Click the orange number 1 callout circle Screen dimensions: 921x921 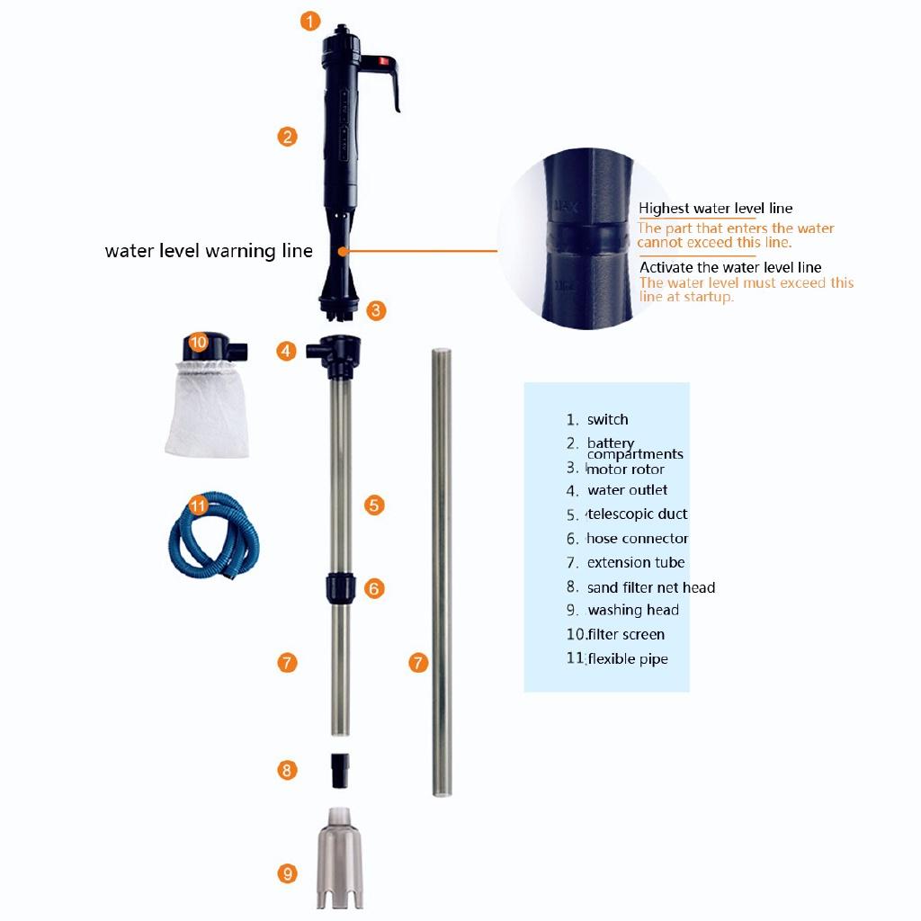310,20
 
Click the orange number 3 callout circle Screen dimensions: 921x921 376,310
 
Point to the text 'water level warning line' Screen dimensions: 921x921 209,251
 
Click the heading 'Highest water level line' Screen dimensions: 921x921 715,209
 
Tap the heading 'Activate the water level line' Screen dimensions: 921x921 730,267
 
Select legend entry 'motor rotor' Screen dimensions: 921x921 626,469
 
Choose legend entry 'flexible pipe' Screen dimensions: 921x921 628,659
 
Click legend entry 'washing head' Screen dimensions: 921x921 633,611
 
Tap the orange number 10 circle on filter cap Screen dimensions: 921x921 199,342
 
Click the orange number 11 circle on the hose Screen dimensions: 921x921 198,505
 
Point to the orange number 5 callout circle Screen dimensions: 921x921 375,505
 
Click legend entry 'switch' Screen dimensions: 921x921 608,420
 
